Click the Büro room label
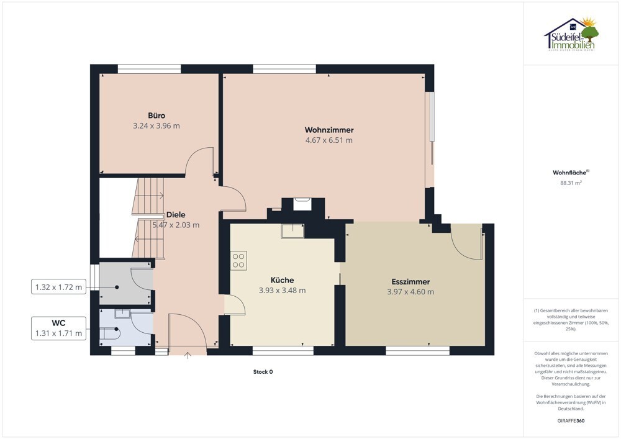click(156, 115)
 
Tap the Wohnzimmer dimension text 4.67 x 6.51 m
click(329, 140)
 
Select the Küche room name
click(282, 280)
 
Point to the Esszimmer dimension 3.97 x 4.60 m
click(410, 292)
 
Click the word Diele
click(176, 215)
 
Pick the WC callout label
click(58, 323)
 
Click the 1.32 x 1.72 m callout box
click(58, 287)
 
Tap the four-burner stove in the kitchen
click(238, 260)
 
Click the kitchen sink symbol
click(292, 231)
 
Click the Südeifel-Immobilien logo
click(571, 34)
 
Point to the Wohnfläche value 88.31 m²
click(571, 183)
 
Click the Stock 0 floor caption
click(263, 372)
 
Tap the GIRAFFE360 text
click(571, 421)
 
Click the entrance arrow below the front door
click(188, 355)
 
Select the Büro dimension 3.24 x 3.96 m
click(156, 126)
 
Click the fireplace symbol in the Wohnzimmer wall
click(302, 204)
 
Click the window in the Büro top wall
click(149, 69)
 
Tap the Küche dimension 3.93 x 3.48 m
click(282, 290)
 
